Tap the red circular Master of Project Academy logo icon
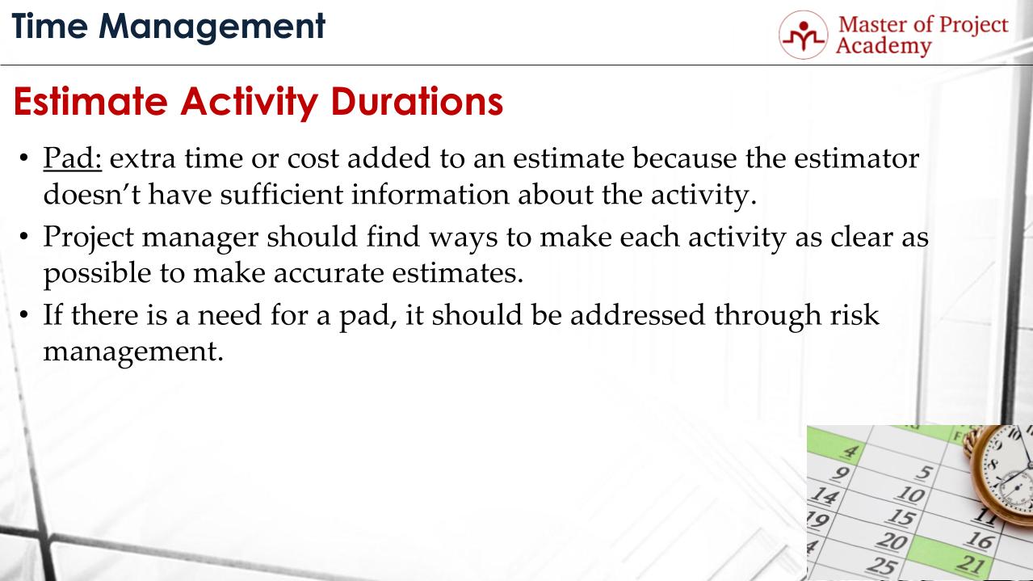[x=803, y=35]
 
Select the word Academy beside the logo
[x=883, y=46]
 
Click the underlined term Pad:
[x=72, y=159]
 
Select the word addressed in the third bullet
[x=638, y=315]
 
